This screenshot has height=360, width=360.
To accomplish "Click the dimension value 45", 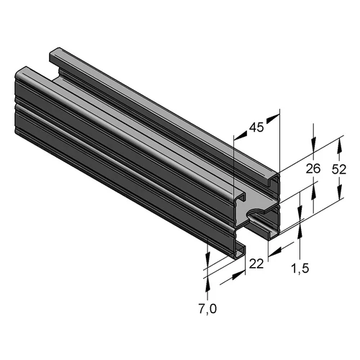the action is pos(256,127).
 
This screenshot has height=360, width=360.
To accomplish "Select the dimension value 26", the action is pos(313,168).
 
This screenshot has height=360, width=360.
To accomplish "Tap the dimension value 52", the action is pos(339,169).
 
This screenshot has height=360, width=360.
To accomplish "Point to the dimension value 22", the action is pos(256,264).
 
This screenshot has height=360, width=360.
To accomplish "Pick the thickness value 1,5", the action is pos(300,269).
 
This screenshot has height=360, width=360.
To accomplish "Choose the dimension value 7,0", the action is pos(207,309).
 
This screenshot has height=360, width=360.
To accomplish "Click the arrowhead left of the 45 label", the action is pos(240,135).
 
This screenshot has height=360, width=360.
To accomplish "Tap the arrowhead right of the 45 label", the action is pos(273,119).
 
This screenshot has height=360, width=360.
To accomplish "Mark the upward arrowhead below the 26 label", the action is pos(313,192).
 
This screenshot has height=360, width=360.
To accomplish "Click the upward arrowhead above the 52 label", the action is pos(339,147).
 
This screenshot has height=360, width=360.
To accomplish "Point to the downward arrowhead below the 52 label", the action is pos(339,192).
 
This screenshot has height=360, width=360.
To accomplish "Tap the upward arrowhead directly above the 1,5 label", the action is pos(300,231).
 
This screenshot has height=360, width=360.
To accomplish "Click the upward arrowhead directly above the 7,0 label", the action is pos(207,284).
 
